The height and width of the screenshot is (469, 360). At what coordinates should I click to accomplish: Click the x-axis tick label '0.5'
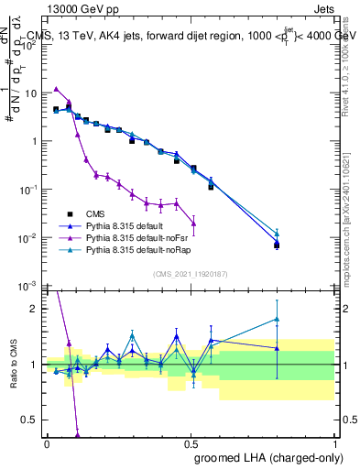[190, 443]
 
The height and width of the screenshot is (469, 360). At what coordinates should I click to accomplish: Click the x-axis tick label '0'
[47, 443]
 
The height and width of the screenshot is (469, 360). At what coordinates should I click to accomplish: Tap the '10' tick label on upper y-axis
[29, 93]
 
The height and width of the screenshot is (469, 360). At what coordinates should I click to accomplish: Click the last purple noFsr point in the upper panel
[193, 224]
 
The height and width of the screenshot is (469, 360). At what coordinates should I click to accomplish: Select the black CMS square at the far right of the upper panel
[277, 245]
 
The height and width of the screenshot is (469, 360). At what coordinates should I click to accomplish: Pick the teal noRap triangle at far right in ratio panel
[277, 320]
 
